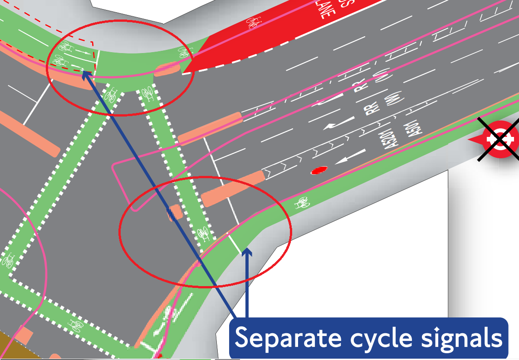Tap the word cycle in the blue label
[x=363, y=338]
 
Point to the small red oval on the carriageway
[x=319, y=170]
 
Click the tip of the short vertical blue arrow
[x=247, y=250]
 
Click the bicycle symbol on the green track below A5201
[x=302, y=203]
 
